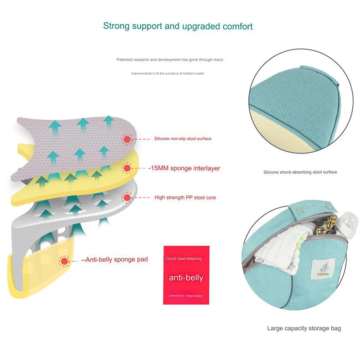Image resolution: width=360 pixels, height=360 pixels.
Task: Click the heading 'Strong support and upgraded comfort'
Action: click(x=178, y=26)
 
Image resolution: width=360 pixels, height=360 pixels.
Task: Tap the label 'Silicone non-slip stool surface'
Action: click(x=183, y=139)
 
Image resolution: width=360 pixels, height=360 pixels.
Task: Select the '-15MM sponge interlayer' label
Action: click(x=184, y=168)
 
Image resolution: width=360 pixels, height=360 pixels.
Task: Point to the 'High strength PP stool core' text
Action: click(x=185, y=198)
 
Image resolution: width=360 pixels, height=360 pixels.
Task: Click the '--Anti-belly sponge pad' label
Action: click(x=115, y=260)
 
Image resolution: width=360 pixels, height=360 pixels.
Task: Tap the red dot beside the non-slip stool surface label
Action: click(x=127, y=139)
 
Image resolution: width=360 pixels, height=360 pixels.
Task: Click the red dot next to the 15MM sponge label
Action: click(x=127, y=168)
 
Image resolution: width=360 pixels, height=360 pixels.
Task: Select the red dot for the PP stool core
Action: click(x=127, y=198)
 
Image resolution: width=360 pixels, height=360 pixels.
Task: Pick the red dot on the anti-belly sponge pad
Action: click(x=64, y=261)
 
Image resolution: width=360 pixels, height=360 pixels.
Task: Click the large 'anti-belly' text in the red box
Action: click(x=186, y=278)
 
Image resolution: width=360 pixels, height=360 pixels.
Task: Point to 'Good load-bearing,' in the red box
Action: click(x=184, y=258)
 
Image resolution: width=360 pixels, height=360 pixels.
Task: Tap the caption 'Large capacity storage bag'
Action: click(x=304, y=328)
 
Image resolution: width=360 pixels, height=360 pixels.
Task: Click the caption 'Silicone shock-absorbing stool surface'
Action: click(x=300, y=172)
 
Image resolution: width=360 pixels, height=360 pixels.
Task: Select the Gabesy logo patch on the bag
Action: click(x=323, y=269)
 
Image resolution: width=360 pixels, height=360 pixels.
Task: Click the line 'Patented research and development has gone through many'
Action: click(x=170, y=60)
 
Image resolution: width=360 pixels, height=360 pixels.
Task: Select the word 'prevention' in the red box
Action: click(x=177, y=296)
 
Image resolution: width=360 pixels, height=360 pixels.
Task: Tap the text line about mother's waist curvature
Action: click(x=167, y=73)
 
